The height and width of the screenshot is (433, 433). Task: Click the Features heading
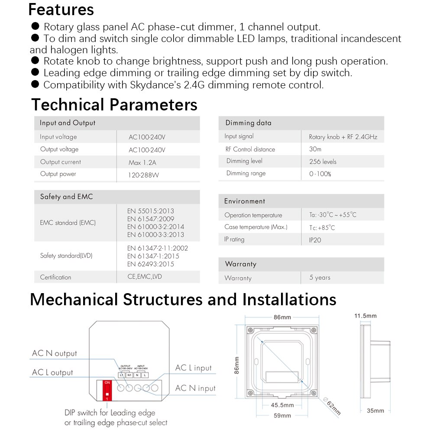click(x=61, y=10)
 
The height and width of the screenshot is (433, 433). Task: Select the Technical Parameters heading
click(x=114, y=105)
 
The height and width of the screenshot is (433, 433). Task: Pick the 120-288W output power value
click(x=144, y=174)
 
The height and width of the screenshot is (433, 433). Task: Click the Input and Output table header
click(x=68, y=123)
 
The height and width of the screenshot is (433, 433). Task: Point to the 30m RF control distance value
click(x=315, y=149)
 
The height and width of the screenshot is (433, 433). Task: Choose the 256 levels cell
click(x=323, y=162)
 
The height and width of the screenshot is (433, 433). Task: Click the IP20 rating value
click(x=315, y=239)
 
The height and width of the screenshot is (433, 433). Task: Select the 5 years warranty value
click(x=320, y=278)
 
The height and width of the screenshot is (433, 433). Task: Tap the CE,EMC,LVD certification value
click(x=145, y=277)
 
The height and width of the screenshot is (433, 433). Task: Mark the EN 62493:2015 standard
click(x=150, y=264)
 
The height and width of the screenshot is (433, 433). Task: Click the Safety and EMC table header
click(x=66, y=197)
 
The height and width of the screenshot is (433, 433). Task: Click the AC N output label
click(x=54, y=353)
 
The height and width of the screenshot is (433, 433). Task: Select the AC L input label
click(x=193, y=368)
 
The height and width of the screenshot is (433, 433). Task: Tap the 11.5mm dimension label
click(x=365, y=316)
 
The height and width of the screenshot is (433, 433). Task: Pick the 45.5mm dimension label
click(x=282, y=405)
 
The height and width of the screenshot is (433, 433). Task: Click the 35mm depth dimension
click(x=375, y=410)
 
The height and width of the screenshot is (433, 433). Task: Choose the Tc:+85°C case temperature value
click(x=322, y=228)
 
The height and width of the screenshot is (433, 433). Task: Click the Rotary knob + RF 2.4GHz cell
click(x=343, y=137)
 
